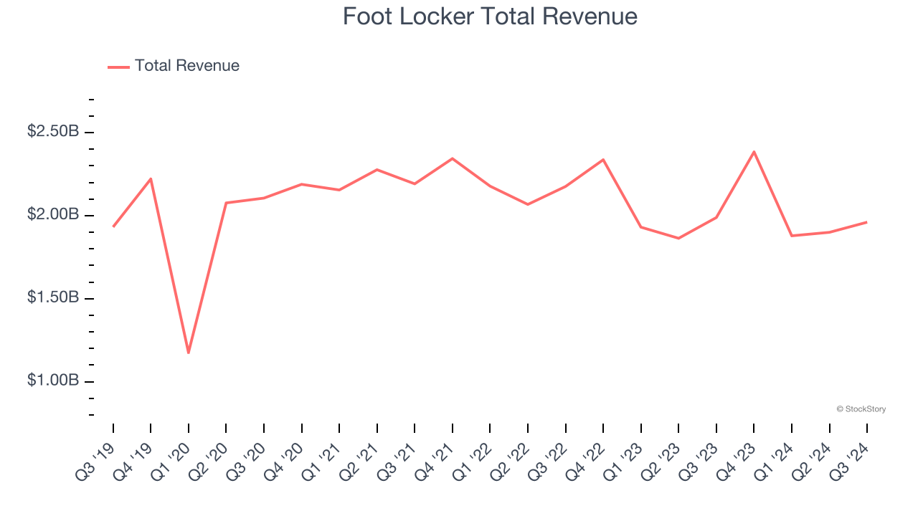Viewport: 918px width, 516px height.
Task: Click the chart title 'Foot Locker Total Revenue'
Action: click(490, 16)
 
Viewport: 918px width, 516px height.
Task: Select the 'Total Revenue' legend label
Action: click(186, 66)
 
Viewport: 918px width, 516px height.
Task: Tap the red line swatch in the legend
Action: click(118, 67)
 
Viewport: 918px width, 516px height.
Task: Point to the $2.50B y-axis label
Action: click(53, 132)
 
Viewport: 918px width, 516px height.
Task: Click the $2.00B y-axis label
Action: click(53, 215)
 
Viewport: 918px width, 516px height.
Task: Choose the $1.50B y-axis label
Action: click(53, 297)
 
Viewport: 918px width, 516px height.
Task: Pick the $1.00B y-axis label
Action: click(53, 381)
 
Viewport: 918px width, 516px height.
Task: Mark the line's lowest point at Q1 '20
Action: click(189, 353)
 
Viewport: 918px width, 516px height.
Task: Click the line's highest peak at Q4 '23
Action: click(754, 151)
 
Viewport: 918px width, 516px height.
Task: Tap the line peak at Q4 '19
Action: click(151, 178)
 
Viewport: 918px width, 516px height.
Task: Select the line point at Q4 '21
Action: click(453, 158)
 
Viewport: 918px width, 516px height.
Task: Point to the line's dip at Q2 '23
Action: click(678, 238)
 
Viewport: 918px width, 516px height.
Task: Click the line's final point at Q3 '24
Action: click(866, 222)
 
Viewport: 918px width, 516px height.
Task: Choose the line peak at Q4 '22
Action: click(603, 160)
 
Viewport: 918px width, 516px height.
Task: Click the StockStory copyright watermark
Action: click(861, 409)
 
